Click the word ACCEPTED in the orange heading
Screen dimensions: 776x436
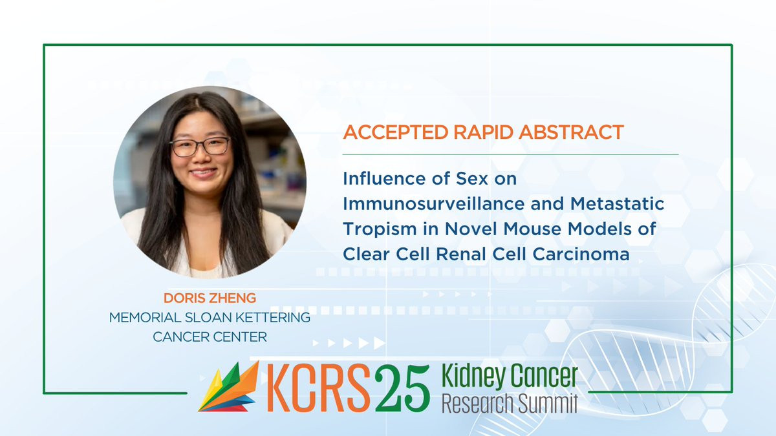[396, 132]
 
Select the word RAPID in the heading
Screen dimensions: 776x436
[484, 132]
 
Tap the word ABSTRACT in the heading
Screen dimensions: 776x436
[571, 132]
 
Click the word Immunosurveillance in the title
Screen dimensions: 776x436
[434, 203]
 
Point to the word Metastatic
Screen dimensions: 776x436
[618, 203]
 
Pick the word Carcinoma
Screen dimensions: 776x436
[581, 254]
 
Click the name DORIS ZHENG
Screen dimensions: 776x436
[210, 298]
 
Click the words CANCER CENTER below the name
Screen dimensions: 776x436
[210, 337]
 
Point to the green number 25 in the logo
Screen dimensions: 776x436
[402, 388]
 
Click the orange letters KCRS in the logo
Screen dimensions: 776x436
[319, 388]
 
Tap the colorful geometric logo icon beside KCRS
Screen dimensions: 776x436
[229, 386]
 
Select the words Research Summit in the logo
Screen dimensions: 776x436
[510, 404]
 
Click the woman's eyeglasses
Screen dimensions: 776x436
[200, 147]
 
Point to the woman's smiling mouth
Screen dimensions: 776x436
[204, 172]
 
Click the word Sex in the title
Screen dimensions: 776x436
[471, 178]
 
